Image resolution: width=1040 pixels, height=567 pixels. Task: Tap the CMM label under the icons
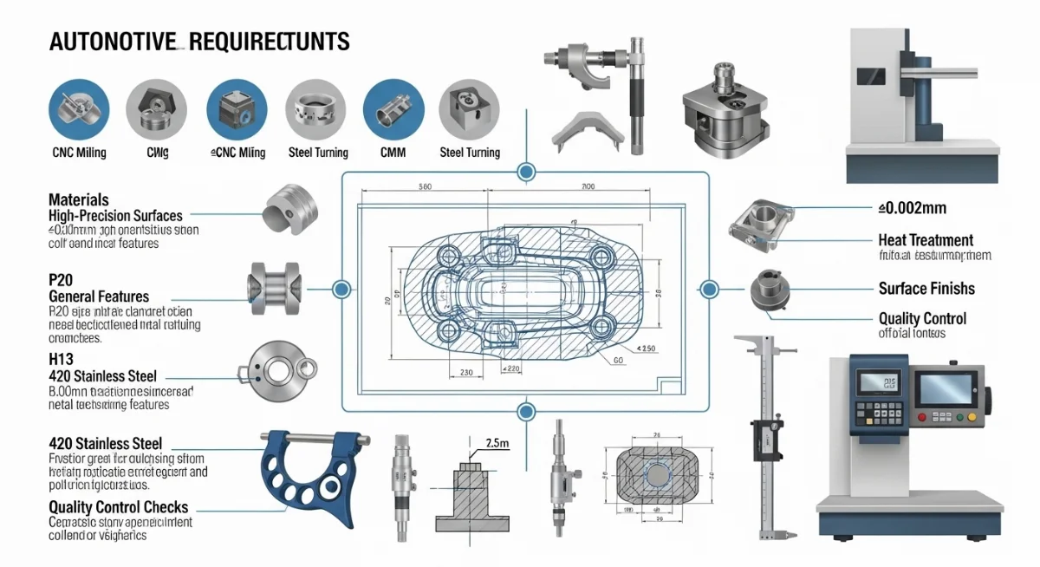(387, 153)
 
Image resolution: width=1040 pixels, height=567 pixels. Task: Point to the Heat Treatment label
(926, 240)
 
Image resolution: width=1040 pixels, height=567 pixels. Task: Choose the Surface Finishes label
(926, 289)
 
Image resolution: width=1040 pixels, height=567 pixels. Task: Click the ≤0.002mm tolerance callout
(911, 208)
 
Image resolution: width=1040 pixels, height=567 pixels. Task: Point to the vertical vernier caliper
(764, 433)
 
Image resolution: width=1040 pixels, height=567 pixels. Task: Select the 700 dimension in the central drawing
(588, 187)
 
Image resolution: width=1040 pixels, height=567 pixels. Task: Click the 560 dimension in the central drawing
(426, 187)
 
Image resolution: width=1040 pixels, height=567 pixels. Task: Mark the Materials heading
(79, 199)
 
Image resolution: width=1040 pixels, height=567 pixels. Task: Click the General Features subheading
(99, 297)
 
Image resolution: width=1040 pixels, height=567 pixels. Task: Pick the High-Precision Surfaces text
(115, 215)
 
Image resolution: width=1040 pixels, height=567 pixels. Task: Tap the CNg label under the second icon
(157, 153)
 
